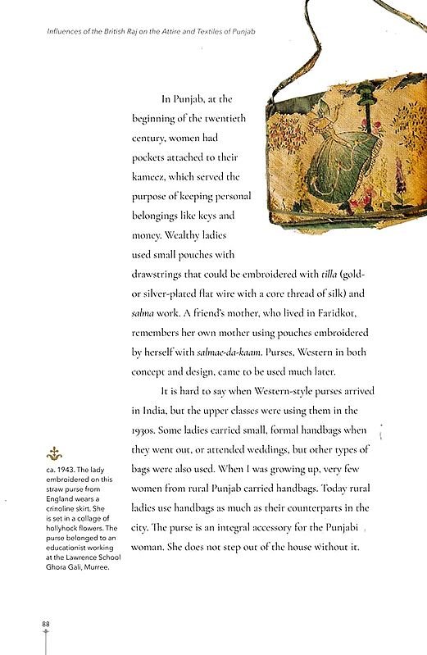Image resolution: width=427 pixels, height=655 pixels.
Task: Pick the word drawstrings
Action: coord(161,274)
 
